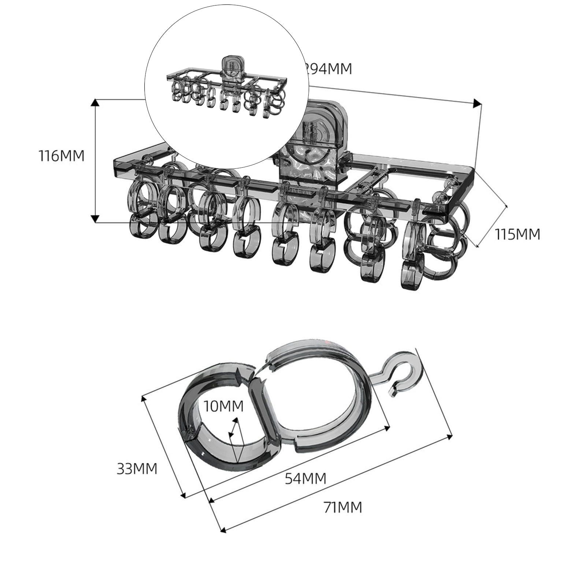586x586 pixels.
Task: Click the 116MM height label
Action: tap(62, 156)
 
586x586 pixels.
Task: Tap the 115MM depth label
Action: tap(517, 234)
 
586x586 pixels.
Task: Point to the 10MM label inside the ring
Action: tap(223, 406)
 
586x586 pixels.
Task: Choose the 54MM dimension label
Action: tap(305, 478)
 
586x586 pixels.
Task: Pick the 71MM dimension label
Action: tap(343, 508)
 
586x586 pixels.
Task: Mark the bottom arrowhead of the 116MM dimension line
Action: tap(95, 219)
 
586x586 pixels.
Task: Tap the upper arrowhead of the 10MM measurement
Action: tap(236, 420)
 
